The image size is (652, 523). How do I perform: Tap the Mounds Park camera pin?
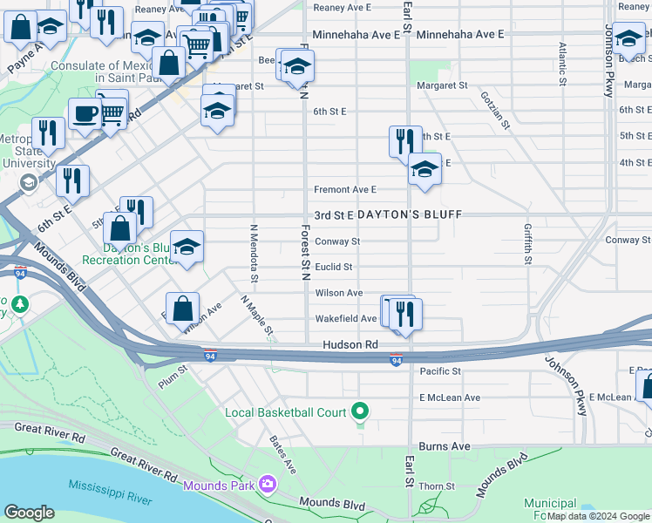click(267, 484)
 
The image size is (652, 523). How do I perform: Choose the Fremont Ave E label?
click(344, 189)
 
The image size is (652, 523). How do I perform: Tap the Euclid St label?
click(333, 267)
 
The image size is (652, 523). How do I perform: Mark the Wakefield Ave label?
click(346, 319)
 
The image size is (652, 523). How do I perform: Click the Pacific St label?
click(439, 371)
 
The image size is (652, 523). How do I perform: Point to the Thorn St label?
click(437, 486)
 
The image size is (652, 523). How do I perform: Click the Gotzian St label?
click(494, 109)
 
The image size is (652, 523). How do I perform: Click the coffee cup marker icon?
click(85, 113)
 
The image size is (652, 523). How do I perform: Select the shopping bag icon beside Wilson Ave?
click(182, 309)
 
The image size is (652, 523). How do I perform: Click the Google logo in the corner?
click(29, 513)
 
